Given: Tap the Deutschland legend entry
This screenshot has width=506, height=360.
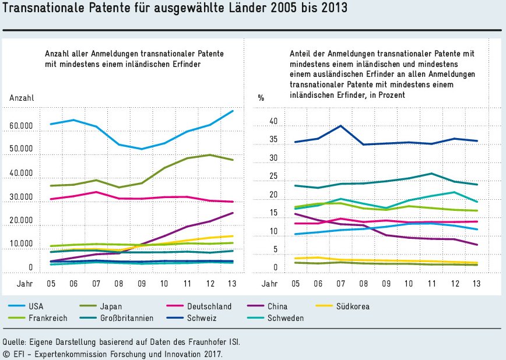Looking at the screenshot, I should point(209,306).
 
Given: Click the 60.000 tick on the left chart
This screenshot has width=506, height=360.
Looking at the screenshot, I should point(21,126).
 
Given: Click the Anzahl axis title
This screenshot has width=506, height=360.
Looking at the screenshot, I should point(22,98).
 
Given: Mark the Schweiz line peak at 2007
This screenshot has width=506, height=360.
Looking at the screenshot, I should point(340,126).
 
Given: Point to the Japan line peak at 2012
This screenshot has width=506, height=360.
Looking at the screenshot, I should point(209,154).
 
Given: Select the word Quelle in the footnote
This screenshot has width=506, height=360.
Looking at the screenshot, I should point(14,342).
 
